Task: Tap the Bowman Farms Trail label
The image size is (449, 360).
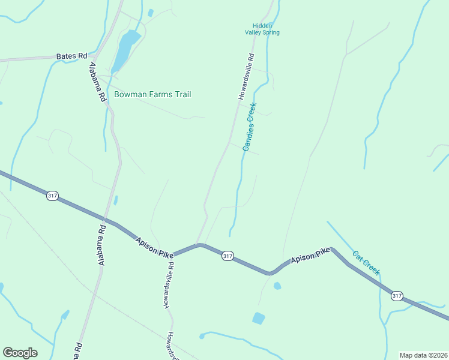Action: coord(152,94)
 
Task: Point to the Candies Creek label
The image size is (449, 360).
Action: coord(250,126)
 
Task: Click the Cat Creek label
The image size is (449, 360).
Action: coord(366,263)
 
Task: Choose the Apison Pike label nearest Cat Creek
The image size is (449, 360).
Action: coord(311,258)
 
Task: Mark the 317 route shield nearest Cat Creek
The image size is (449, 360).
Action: coord(396,296)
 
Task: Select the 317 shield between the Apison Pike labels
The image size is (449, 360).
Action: coord(228,256)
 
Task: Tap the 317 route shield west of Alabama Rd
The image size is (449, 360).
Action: coord(52,196)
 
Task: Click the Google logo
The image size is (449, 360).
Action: coord(20,353)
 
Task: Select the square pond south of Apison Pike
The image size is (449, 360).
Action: coord(259,318)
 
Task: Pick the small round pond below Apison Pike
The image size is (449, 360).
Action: coord(277,286)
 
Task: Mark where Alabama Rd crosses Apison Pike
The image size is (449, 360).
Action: coord(106,220)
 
